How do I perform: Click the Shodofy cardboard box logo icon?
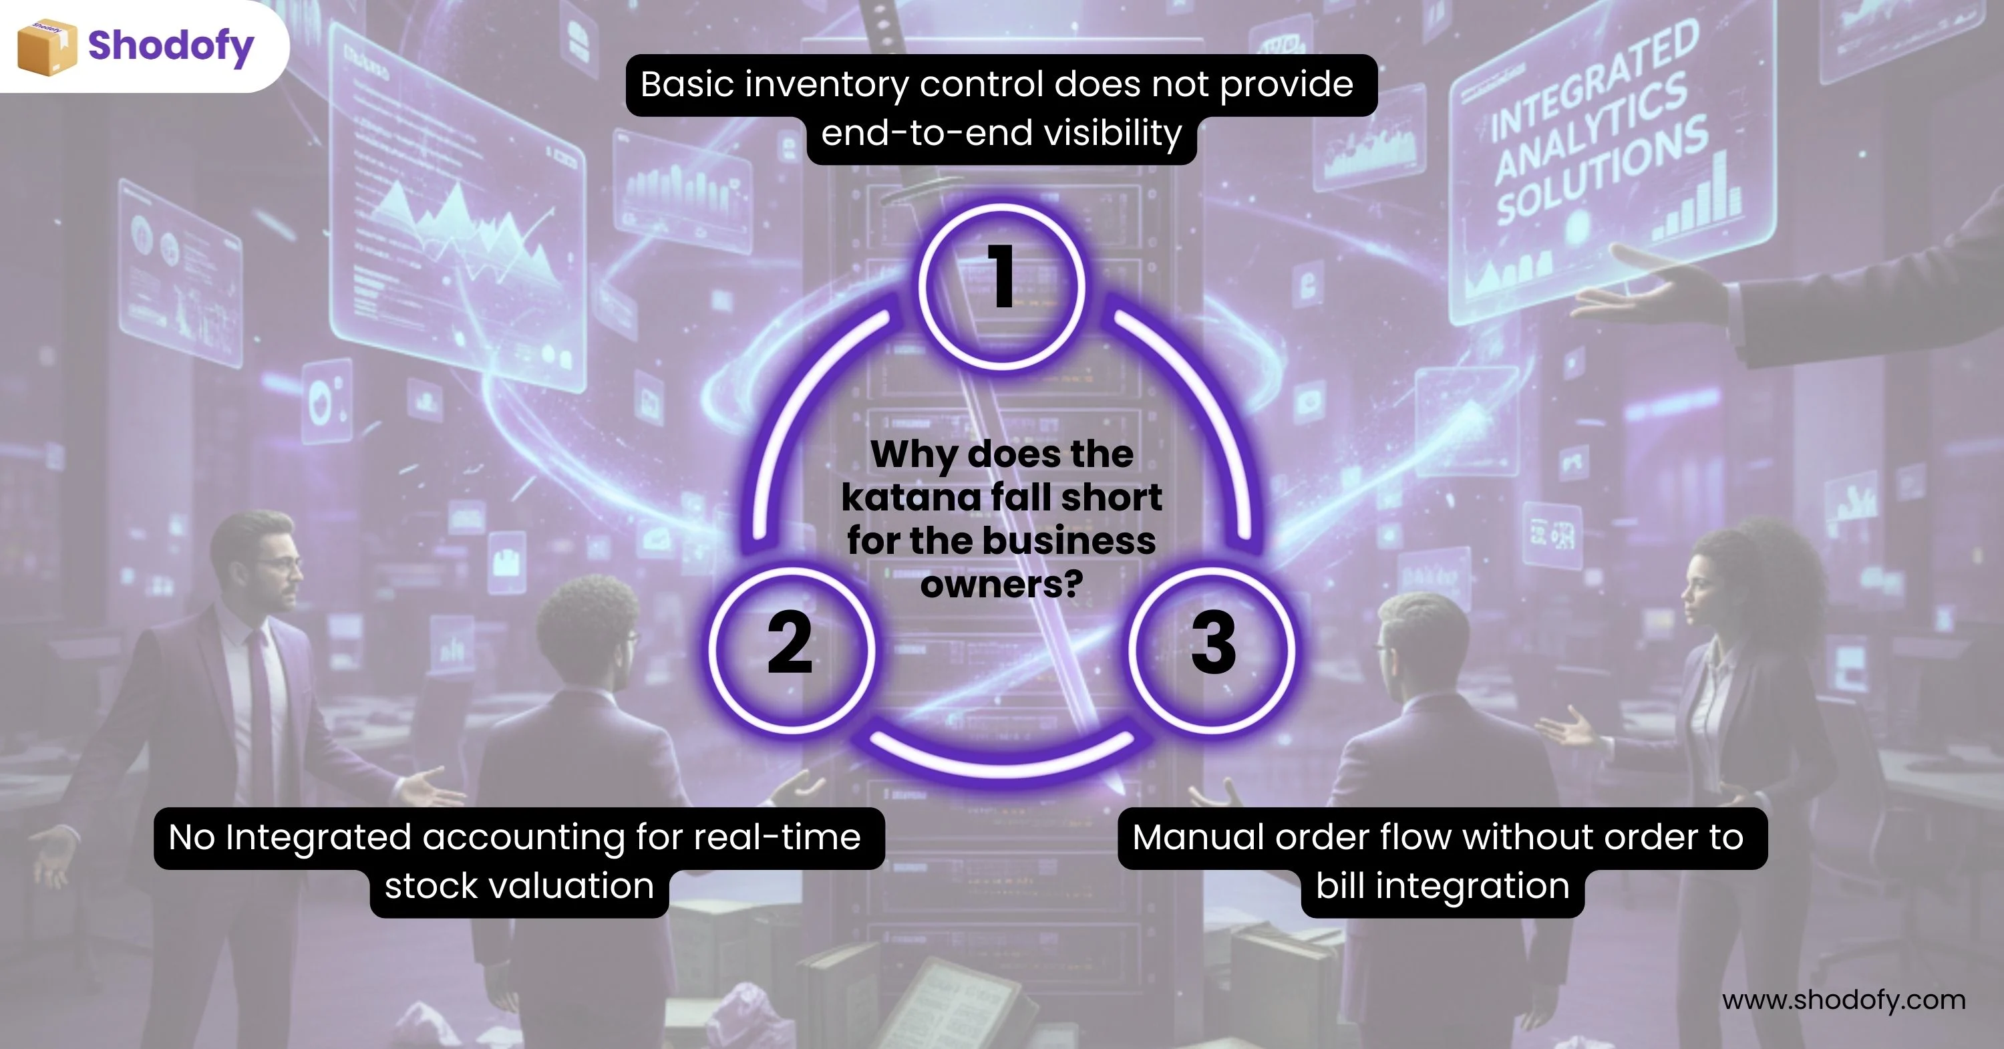(x=47, y=47)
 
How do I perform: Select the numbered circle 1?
(x=1002, y=285)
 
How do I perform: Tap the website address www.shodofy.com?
(x=1843, y=1000)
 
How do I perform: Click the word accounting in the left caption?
(x=523, y=838)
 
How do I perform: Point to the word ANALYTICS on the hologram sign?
(x=1591, y=128)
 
